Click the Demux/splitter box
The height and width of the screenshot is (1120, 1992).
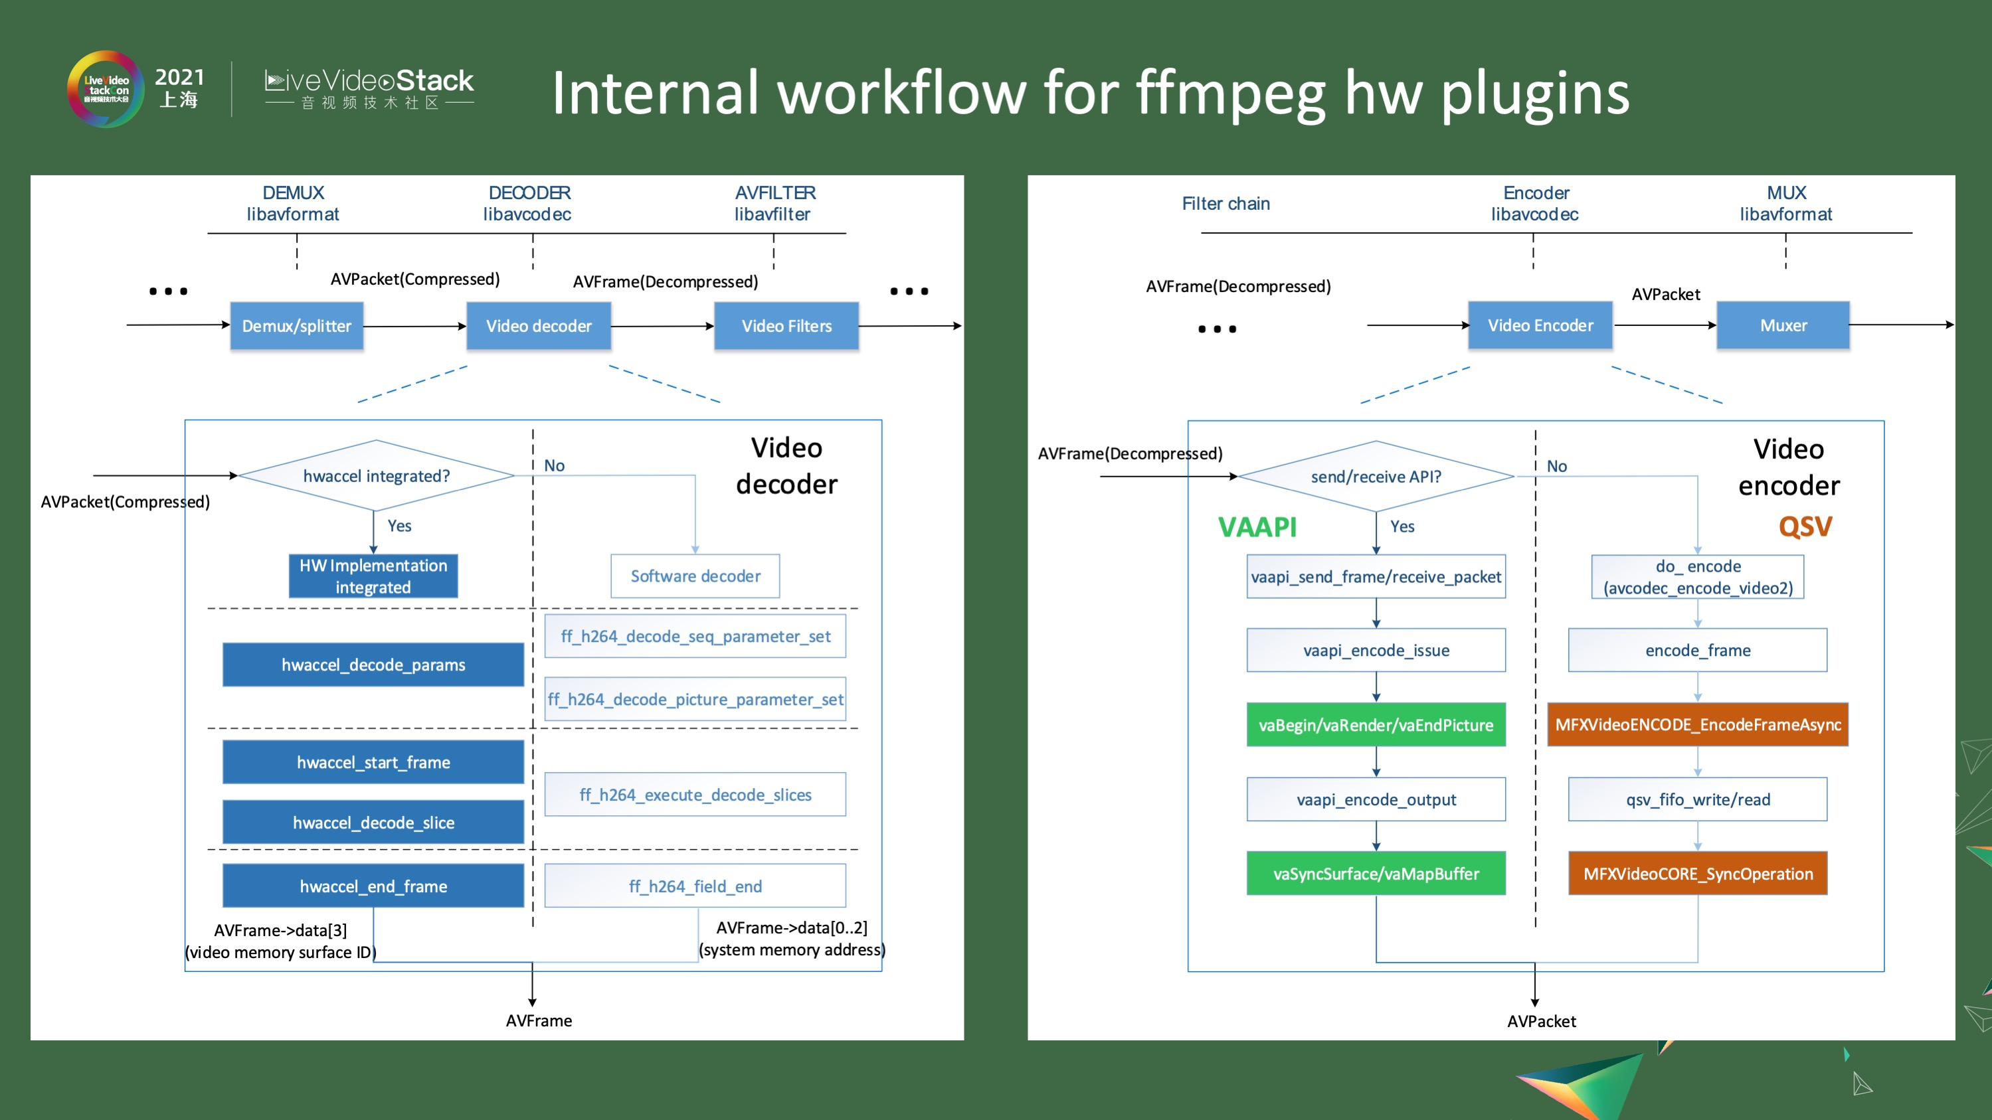[x=296, y=326]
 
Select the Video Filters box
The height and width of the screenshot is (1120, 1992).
[x=786, y=326]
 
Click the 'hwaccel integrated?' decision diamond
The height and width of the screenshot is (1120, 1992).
[x=376, y=476]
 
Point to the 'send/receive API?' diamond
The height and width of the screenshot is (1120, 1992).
[x=1376, y=477]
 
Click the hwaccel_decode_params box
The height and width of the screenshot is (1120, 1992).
[x=373, y=665]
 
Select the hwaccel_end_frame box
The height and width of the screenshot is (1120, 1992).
[x=373, y=886]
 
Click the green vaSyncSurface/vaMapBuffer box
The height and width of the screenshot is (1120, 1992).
[x=1376, y=874]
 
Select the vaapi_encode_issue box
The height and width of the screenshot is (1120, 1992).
[x=1376, y=650]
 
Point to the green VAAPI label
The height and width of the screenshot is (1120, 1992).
[x=1257, y=527]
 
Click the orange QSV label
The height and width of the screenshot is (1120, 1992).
[x=1804, y=527]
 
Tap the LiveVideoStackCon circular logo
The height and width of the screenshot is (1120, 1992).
[x=106, y=90]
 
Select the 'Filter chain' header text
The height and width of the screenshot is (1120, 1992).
[x=1225, y=203]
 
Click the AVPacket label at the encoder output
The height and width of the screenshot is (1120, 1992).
[x=1540, y=1021]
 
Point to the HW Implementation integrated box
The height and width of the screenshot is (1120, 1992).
[x=373, y=576]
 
